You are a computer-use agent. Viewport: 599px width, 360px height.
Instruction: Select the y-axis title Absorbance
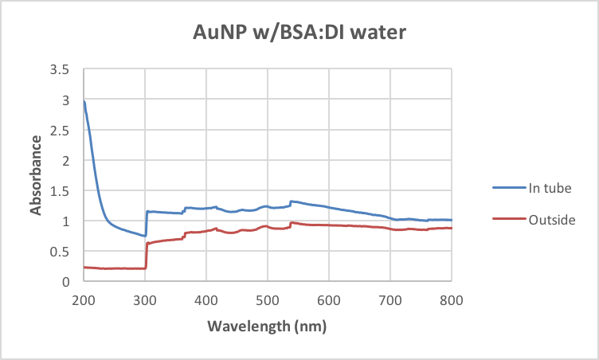[36, 175]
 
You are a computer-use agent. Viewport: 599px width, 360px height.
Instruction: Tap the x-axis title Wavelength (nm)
[267, 327]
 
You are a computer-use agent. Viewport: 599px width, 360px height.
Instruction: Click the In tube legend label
[550, 188]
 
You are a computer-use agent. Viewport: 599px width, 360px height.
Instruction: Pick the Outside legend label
[551, 219]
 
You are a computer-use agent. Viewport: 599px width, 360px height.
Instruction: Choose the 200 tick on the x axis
[84, 299]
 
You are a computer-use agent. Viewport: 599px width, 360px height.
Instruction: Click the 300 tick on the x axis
[145, 299]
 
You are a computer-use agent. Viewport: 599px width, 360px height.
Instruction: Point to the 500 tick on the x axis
[268, 299]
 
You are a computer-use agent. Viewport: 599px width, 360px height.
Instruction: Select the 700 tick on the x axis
[390, 299]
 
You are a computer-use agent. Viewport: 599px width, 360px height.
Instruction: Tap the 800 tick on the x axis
[451, 299]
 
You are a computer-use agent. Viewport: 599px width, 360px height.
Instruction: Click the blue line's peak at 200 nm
[84, 102]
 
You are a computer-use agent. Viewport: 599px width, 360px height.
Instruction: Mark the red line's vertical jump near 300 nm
[146, 255]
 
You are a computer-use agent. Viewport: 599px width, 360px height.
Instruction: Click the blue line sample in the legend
[511, 188]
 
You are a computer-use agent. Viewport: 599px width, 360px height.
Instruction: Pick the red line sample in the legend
[511, 219]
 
